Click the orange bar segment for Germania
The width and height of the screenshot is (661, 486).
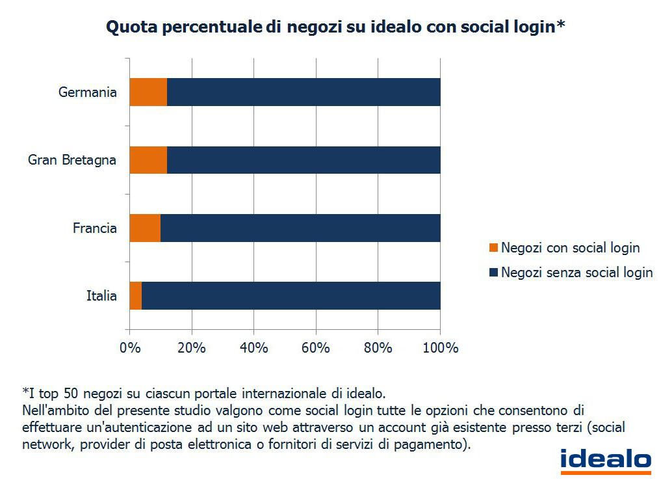click(x=148, y=92)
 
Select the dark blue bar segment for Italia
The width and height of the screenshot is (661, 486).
click(x=291, y=295)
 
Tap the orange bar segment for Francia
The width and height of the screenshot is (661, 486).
click(x=145, y=228)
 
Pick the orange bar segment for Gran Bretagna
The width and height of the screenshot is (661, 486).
click(x=148, y=159)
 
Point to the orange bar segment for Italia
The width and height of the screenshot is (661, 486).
click(x=135, y=295)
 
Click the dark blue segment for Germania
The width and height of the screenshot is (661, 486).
click(x=304, y=92)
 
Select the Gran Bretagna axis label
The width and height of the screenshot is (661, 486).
click(x=72, y=159)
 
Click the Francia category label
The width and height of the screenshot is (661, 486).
click(x=95, y=228)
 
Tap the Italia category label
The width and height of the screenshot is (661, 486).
click(x=101, y=296)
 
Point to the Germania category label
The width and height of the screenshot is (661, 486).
click(x=88, y=92)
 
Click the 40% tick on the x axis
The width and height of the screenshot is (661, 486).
click(x=253, y=347)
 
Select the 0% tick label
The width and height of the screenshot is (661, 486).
click(x=130, y=347)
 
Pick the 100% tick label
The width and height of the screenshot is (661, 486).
click(x=441, y=347)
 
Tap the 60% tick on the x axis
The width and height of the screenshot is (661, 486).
click(x=316, y=347)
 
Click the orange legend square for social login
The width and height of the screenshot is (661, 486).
click(x=492, y=248)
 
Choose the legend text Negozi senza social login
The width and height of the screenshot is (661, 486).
click(x=577, y=273)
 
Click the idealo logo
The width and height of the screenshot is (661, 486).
click(x=605, y=459)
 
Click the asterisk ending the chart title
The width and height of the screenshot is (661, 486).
click(x=560, y=25)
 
